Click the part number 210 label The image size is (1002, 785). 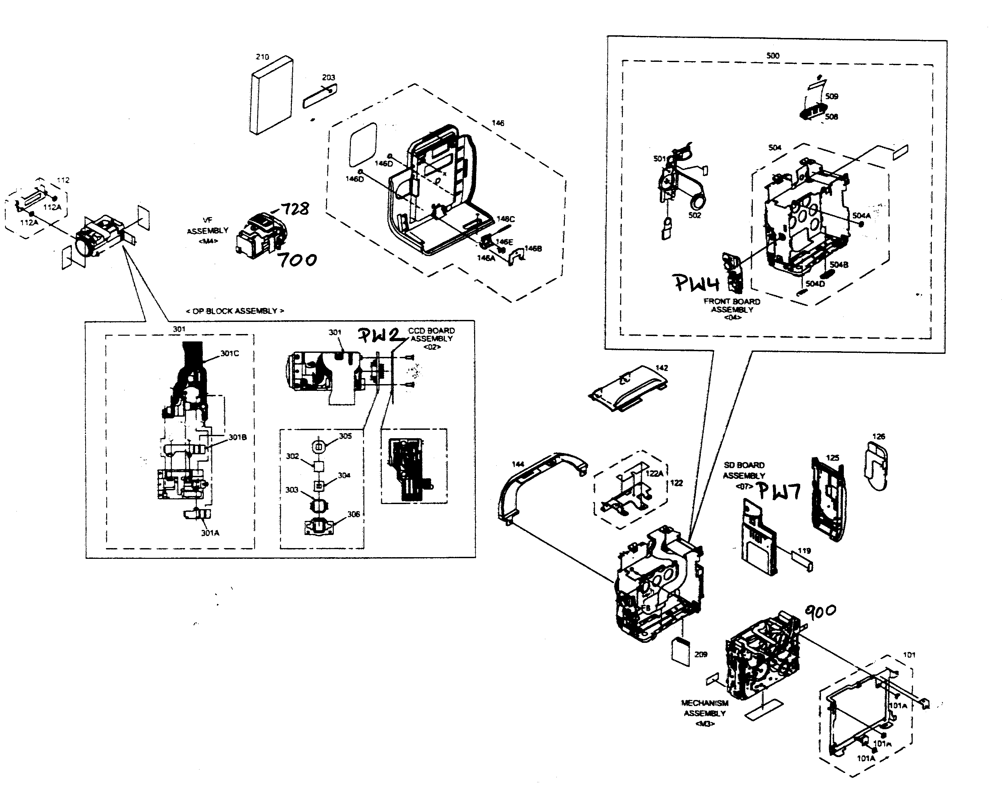[262, 57]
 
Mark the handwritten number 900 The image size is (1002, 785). [820, 611]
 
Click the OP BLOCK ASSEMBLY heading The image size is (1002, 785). [235, 311]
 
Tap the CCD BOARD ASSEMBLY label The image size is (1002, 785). [431, 335]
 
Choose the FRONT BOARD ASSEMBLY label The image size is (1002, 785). [732, 306]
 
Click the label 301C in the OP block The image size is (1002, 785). [230, 354]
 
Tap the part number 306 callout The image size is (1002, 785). [353, 514]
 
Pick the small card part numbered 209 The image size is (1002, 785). [681, 652]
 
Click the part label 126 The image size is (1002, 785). [878, 437]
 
